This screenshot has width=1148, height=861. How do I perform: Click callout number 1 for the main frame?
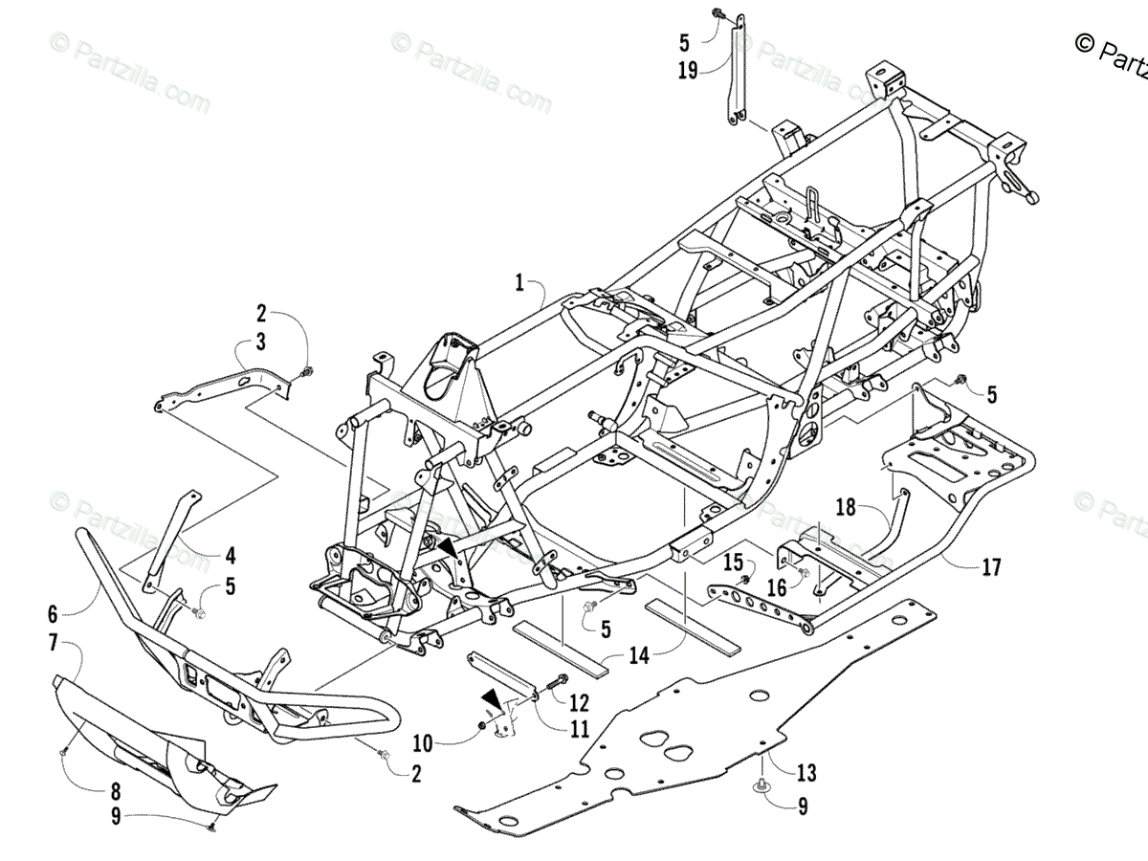point(519,282)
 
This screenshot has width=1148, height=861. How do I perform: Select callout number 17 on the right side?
point(990,567)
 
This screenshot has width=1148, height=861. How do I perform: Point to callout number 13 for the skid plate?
point(806,772)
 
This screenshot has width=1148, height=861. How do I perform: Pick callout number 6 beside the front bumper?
point(52,612)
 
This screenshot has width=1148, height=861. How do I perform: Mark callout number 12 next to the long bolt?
point(578,703)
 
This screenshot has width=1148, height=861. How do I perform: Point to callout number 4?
point(230,554)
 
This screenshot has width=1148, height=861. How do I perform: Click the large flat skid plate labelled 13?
point(670,746)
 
